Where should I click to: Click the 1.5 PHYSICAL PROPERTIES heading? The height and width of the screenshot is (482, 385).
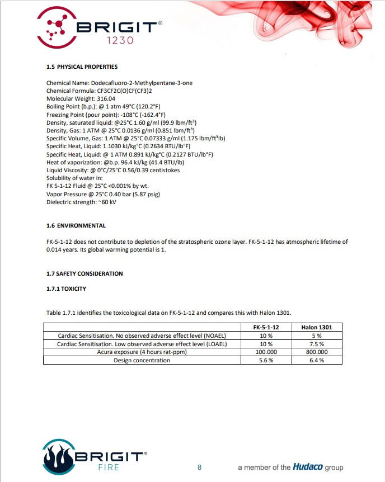pyautogui.click(x=82, y=67)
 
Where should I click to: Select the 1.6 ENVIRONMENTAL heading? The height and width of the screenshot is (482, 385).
pyautogui.click(x=76, y=226)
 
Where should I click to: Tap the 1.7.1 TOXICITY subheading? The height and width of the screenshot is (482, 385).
pyautogui.click(x=66, y=289)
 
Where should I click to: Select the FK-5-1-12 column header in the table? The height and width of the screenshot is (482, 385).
pyautogui.click(x=266, y=327)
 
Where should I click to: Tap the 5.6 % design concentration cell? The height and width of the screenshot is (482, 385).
pyautogui.click(x=266, y=361)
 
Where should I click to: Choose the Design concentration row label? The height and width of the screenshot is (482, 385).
pyautogui.click(x=142, y=361)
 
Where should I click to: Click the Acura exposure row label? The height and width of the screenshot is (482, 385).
pyautogui.click(x=142, y=352)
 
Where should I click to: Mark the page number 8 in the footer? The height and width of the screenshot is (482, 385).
pyautogui.click(x=199, y=467)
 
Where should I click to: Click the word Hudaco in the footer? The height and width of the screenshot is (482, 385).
pyautogui.click(x=307, y=467)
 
